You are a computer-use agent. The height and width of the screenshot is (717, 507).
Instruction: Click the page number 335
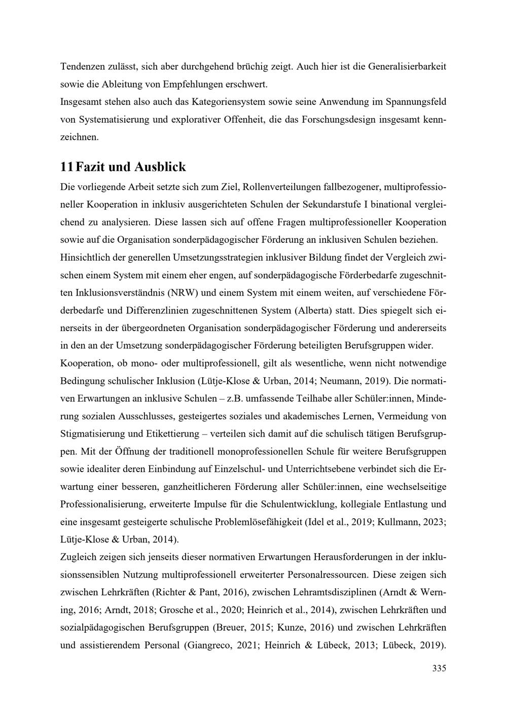coord(439,668)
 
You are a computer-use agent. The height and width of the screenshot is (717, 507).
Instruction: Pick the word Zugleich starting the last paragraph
coord(79,557)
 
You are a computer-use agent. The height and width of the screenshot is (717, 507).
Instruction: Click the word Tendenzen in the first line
coord(83,66)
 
